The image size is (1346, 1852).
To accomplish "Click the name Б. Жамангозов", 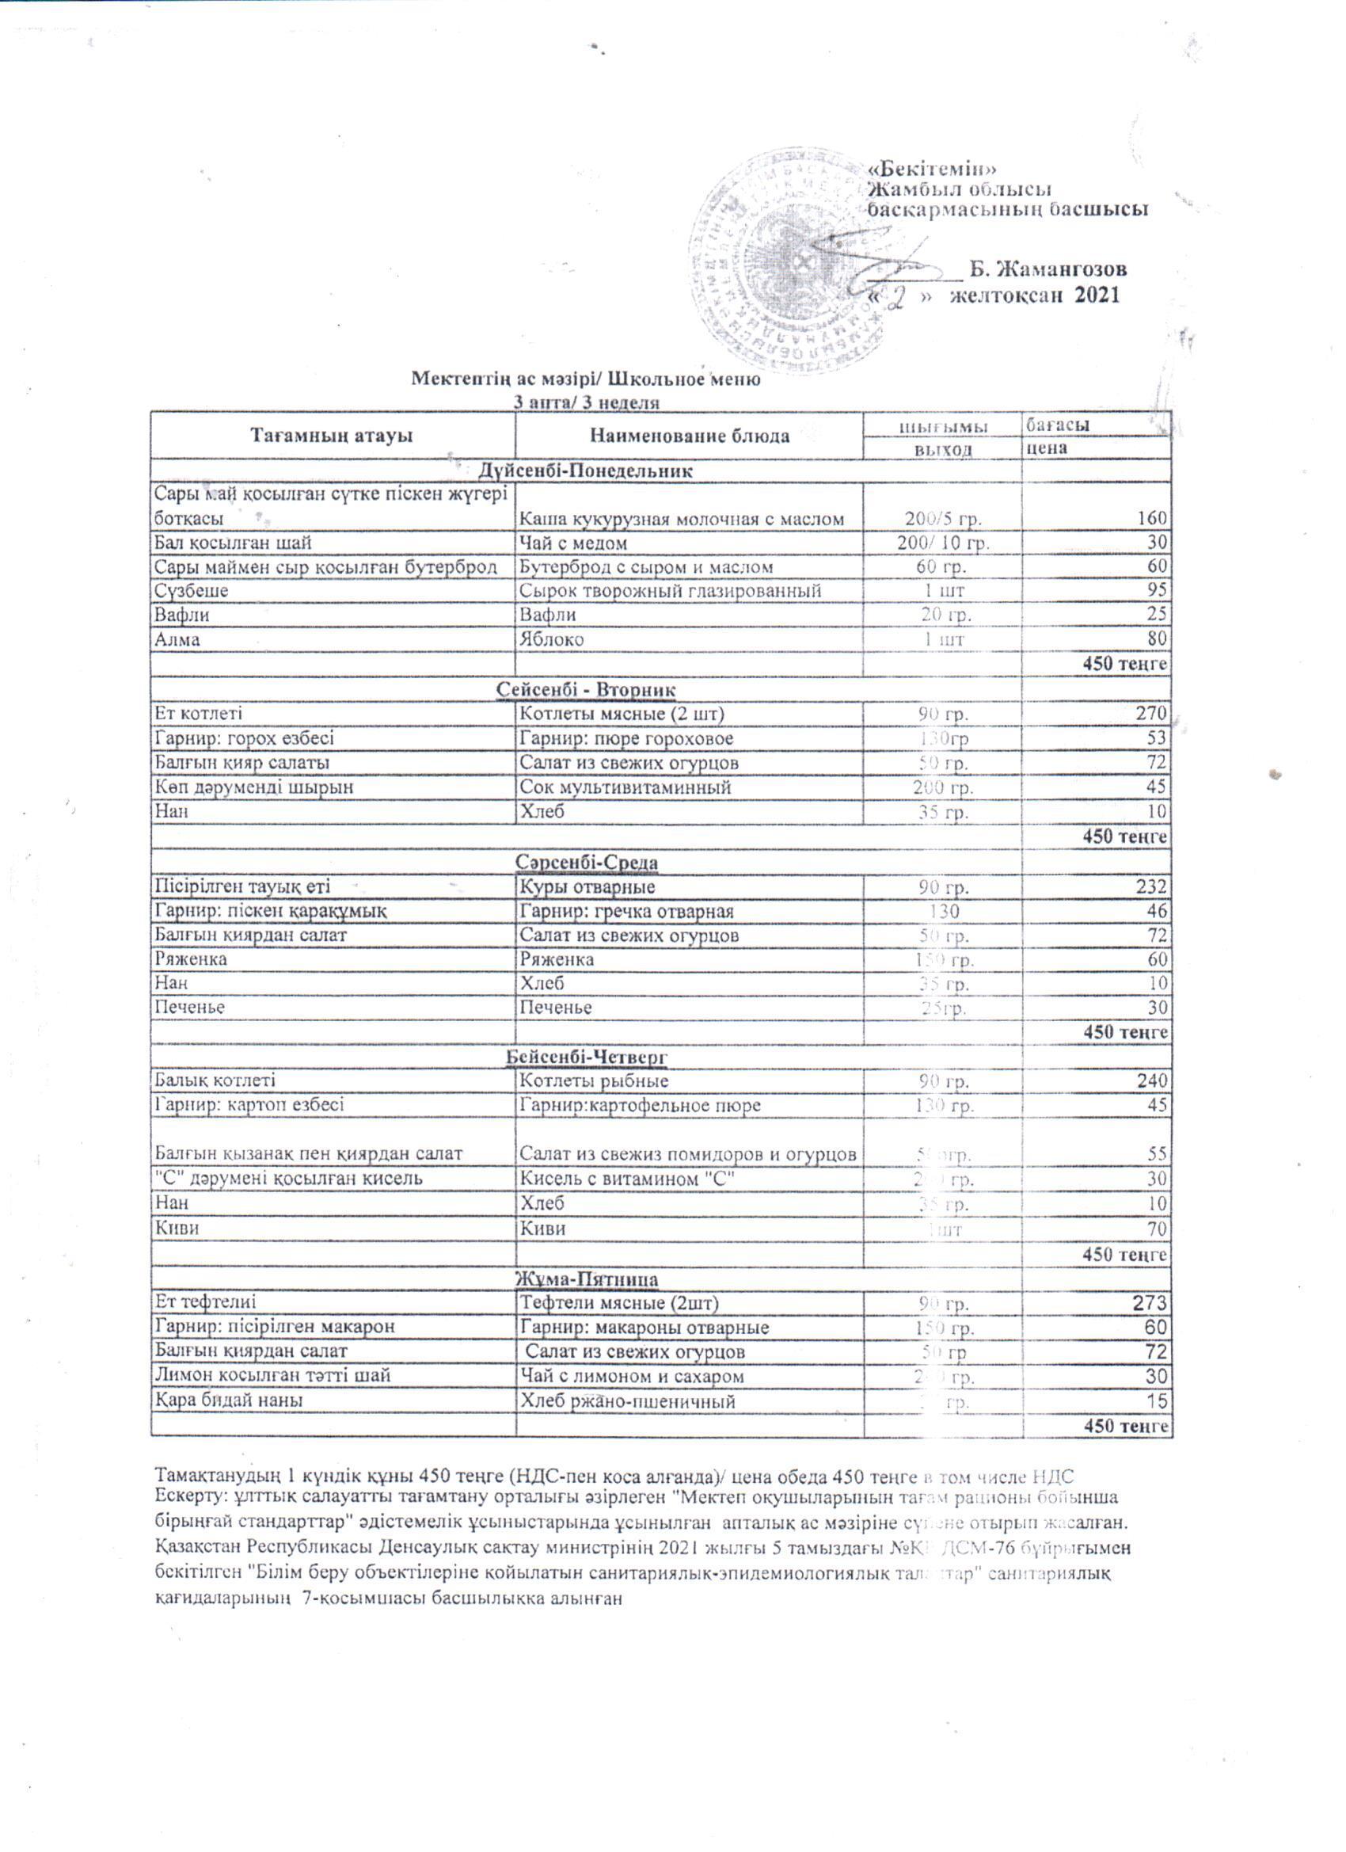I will pos(1048,269).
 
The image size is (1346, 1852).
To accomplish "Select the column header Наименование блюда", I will pos(690,435).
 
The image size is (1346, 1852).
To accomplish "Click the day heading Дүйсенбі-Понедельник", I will pos(585,471).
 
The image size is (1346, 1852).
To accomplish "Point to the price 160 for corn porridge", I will pos(1155,518).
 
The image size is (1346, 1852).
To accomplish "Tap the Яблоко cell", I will pos(552,639).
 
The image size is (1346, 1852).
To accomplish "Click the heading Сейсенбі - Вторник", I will pos(587,689).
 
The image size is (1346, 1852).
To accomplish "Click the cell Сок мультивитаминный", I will pos(625,787).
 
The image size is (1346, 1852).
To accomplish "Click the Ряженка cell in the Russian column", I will pos(557,959).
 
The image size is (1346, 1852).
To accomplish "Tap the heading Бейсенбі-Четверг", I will pos(587,1057).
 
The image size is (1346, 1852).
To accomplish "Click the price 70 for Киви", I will pos(1158,1229).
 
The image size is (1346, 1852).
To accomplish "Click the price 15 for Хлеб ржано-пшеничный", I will pos(1158,1401).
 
